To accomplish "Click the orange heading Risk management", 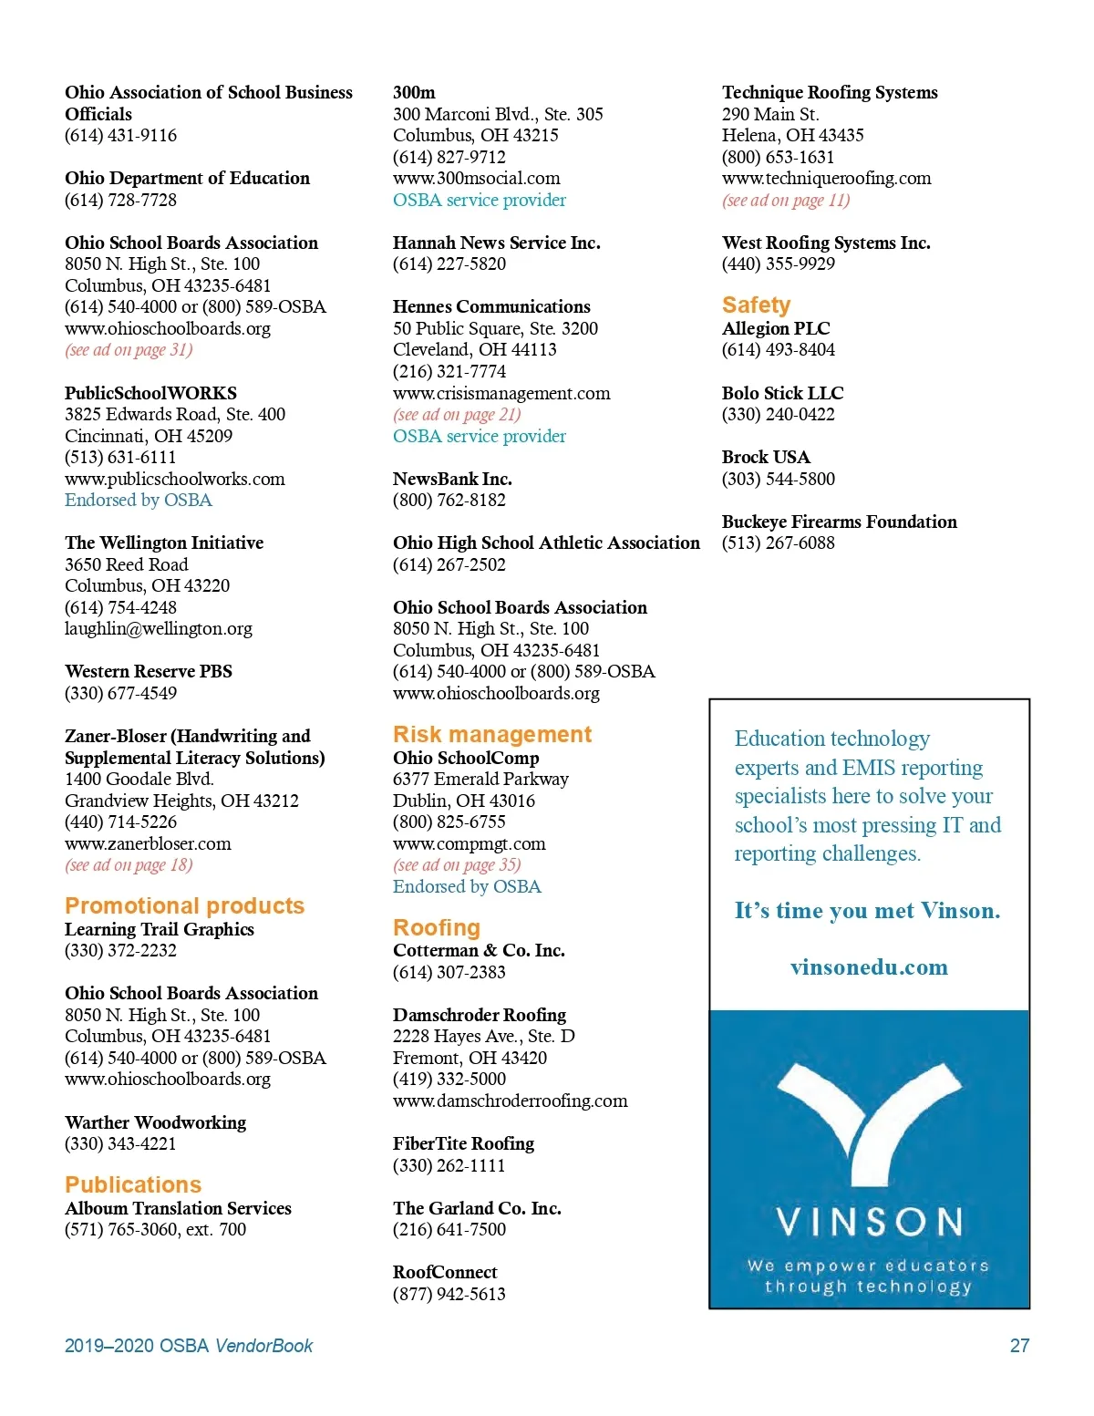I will pyautogui.click(x=492, y=735).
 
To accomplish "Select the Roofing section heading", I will pyautogui.click(x=437, y=928).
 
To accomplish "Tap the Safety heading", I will pyautogui.click(x=756, y=305).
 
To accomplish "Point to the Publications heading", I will pyautogui.click(x=133, y=1185).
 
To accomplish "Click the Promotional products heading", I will pyautogui.click(x=184, y=906).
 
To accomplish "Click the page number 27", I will pyautogui.click(x=1019, y=1346).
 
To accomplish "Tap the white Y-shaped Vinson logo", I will pyautogui.click(x=869, y=1121).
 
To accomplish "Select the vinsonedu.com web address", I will pyautogui.click(x=869, y=967).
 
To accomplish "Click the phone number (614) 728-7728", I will pyautogui.click(x=120, y=200).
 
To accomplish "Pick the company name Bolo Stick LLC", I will pyautogui.click(x=782, y=393).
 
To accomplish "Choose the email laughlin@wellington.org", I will pyautogui.click(x=159, y=629).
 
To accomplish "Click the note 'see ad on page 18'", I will pyautogui.click(x=129, y=865).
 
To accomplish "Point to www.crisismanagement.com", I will pyautogui.click(x=501, y=393).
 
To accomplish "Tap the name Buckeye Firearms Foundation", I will pyautogui.click(x=839, y=522).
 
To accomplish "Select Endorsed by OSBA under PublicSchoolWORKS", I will pyautogui.click(x=138, y=501).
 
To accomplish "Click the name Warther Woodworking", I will pyautogui.click(x=155, y=1122).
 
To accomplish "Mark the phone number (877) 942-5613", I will pyautogui.click(x=449, y=1294).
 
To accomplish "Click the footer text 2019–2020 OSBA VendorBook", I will pyautogui.click(x=189, y=1346).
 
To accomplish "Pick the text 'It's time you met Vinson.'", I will pyautogui.click(x=867, y=911).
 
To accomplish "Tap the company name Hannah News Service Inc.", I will pyautogui.click(x=496, y=243).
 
